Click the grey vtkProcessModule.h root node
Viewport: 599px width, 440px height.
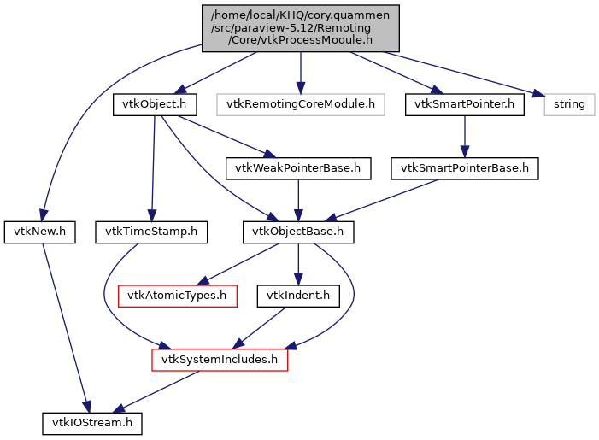[301, 27]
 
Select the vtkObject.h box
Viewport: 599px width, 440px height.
[155, 104]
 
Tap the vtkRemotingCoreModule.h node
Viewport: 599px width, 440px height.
[300, 104]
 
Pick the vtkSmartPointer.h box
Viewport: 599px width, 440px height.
[463, 104]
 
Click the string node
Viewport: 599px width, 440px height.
[569, 104]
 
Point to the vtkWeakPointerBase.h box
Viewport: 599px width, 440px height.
[297, 168]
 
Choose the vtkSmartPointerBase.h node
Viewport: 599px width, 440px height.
[465, 168]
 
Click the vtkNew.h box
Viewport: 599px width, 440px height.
[40, 232]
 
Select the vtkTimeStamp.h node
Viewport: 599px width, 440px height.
[151, 232]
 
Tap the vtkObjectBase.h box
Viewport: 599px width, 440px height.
[297, 232]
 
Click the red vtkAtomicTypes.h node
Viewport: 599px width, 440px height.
[177, 296]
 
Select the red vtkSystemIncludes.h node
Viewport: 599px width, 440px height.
[220, 360]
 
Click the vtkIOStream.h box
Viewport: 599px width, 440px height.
[93, 423]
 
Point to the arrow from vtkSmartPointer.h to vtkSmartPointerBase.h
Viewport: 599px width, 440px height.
[464, 137]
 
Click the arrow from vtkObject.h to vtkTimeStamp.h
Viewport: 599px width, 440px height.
[153, 167]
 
